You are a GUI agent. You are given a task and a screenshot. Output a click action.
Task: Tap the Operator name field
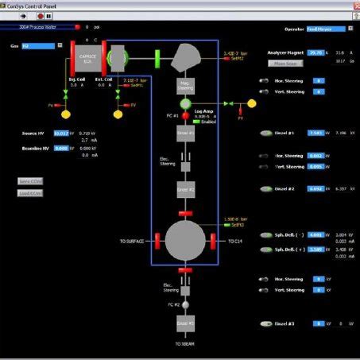click(x=325, y=29)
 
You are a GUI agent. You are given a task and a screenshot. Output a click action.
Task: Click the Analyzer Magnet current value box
click(x=316, y=52)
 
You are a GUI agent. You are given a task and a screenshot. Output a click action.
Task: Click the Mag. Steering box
click(x=186, y=86)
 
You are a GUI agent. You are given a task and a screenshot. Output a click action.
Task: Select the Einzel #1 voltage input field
click(x=315, y=134)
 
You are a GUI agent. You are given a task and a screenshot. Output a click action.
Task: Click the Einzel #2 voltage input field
click(x=315, y=189)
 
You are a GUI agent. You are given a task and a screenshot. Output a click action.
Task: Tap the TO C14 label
click(x=236, y=241)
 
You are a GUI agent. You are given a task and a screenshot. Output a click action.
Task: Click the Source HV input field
click(x=61, y=134)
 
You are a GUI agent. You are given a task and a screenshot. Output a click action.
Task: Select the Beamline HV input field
click(x=61, y=148)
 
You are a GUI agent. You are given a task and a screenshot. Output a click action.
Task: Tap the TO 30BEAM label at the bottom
click(x=185, y=344)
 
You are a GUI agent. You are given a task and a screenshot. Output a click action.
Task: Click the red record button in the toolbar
click(x=39, y=14)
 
